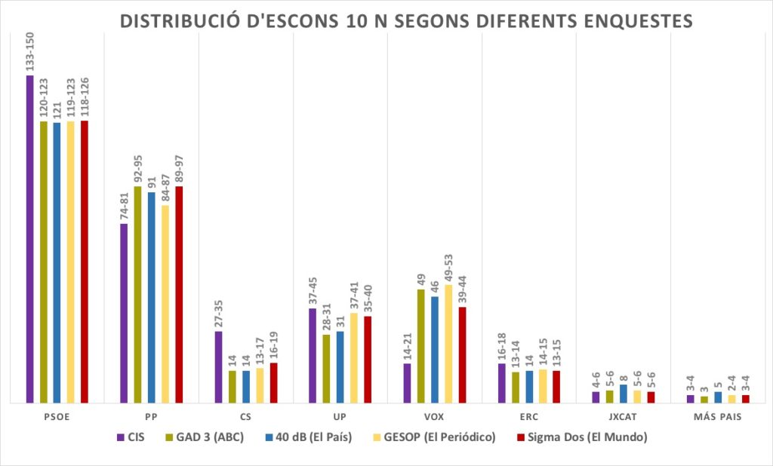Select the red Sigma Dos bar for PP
(179, 295)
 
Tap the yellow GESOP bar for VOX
(448, 344)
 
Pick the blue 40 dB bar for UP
(340, 367)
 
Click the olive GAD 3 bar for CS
(233, 387)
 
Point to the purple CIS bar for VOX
(408, 383)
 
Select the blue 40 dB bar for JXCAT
(624, 394)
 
